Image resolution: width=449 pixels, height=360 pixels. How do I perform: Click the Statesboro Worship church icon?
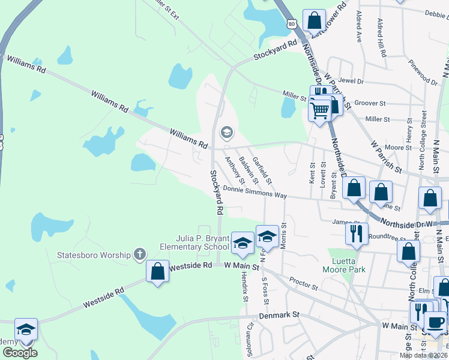pyautogui.click(x=140, y=254)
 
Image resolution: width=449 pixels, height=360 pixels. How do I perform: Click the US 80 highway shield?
pyautogui.click(x=291, y=23)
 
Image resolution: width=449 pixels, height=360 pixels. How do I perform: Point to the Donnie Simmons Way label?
pyautogui.click(x=255, y=192)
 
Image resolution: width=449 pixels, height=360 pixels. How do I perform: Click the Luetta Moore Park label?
pyautogui.click(x=348, y=265)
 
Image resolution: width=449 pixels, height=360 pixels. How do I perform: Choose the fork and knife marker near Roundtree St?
pyautogui.click(x=357, y=232)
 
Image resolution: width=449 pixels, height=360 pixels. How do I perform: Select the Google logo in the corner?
pyautogui.click(x=20, y=353)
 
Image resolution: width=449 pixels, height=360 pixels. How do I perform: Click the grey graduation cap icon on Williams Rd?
pyautogui.click(x=226, y=132)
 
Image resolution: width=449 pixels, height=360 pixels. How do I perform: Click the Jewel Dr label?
pyautogui.click(x=351, y=80)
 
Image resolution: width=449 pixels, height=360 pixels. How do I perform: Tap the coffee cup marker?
pyautogui.click(x=435, y=320)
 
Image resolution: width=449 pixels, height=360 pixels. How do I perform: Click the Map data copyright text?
pyautogui.click(x=423, y=355)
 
